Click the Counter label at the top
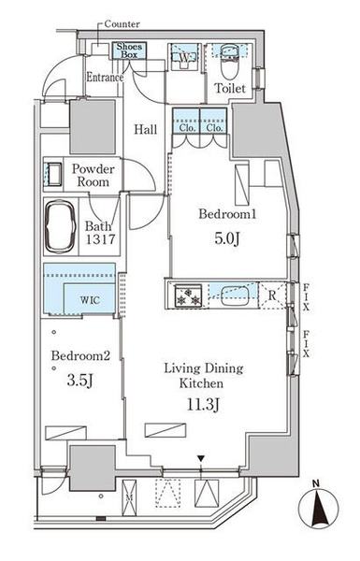122,24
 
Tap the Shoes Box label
129,50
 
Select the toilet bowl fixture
229,63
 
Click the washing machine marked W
184,57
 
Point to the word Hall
146,129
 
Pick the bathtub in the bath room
60,226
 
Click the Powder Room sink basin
54,174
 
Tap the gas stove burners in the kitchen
188,295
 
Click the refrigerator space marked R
272,295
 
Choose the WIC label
90,300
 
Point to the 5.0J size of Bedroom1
227,238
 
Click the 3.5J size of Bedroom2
79,381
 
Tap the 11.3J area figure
203,405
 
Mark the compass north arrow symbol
318,507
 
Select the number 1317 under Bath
100,239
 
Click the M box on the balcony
129,497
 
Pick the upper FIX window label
306,296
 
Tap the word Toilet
230,88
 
